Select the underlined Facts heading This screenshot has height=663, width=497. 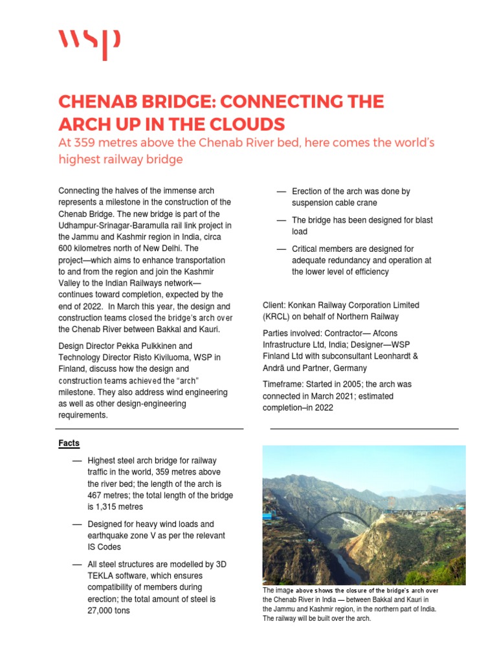coord(69,444)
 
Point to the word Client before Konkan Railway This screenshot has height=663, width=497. coord(276,305)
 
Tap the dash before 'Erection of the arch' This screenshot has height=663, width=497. coord(281,192)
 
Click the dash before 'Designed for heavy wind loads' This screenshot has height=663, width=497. coord(77,524)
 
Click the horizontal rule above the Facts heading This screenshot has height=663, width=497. coord(151,429)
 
